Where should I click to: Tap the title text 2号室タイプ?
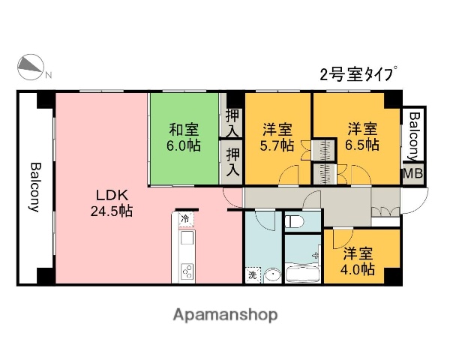click(357, 73)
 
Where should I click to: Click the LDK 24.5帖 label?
click(112, 203)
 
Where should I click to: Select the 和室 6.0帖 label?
click(184, 137)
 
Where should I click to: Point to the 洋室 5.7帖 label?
click(277, 137)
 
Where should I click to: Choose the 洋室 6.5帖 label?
click(361, 137)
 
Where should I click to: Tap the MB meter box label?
click(412, 173)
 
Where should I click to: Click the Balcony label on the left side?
click(34, 187)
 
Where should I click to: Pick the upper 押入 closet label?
click(232, 121)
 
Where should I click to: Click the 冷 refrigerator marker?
click(185, 220)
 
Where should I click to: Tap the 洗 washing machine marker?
click(252, 275)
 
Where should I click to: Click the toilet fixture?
click(295, 222)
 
